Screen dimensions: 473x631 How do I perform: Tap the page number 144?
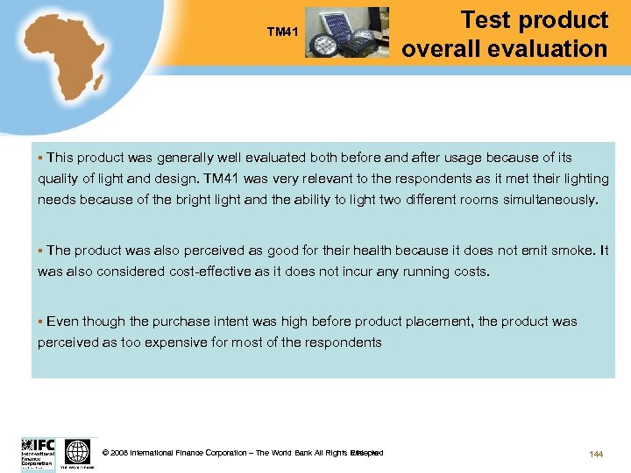tap(596, 454)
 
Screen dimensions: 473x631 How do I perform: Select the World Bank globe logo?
tap(78, 452)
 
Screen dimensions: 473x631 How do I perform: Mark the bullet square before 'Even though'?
tap(40, 321)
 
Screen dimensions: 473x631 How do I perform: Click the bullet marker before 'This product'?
tap(40, 158)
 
